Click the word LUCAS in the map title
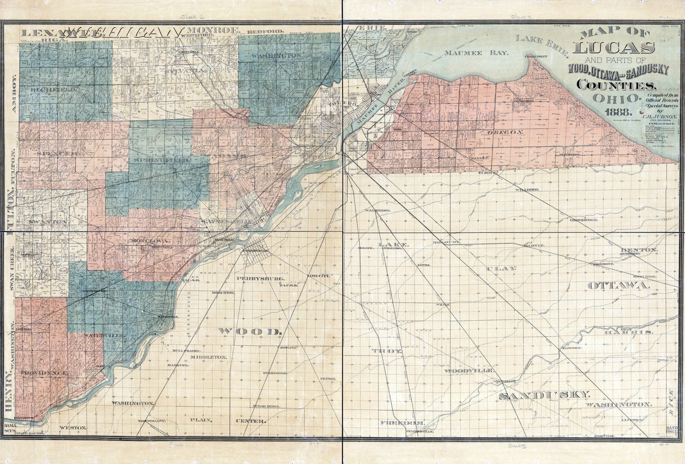[615, 47]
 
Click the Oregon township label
[505, 133]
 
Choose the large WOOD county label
[250, 331]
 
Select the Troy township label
[387, 352]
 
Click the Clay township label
[500, 269]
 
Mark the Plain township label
[200, 420]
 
